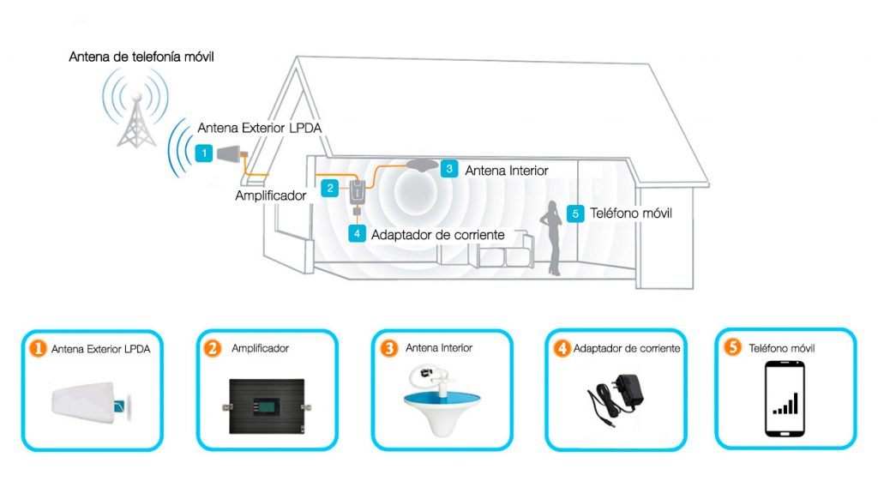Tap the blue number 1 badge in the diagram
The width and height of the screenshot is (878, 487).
pyautogui.click(x=204, y=153)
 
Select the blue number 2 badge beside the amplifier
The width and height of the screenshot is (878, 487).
pyautogui.click(x=330, y=188)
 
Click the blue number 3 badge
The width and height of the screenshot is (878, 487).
pyautogui.click(x=449, y=169)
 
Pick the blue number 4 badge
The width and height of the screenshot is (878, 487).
pyautogui.click(x=357, y=233)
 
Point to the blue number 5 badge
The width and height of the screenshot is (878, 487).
pyautogui.click(x=575, y=213)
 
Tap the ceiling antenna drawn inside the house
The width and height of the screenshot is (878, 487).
pyautogui.click(x=423, y=165)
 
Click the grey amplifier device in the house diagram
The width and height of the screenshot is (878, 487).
pyautogui.click(x=358, y=192)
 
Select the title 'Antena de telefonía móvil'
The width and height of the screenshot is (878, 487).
pyautogui.click(x=141, y=57)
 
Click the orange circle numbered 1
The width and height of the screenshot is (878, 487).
pyautogui.click(x=38, y=349)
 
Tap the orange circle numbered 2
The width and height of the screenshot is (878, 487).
pyautogui.click(x=213, y=348)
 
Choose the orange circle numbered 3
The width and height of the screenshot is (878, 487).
pyautogui.click(x=389, y=348)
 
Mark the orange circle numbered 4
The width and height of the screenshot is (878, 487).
pyautogui.click(x=562, y=348)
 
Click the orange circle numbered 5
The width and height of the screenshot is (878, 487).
pyautogui.click(x=732, y=347)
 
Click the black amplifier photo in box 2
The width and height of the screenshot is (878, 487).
pyautogui.click(x=267, y=406)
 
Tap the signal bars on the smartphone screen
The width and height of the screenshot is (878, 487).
pyautogui.click(x=785, y=404)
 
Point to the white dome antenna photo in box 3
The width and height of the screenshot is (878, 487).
pyautogui.click(x=442, y=400)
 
